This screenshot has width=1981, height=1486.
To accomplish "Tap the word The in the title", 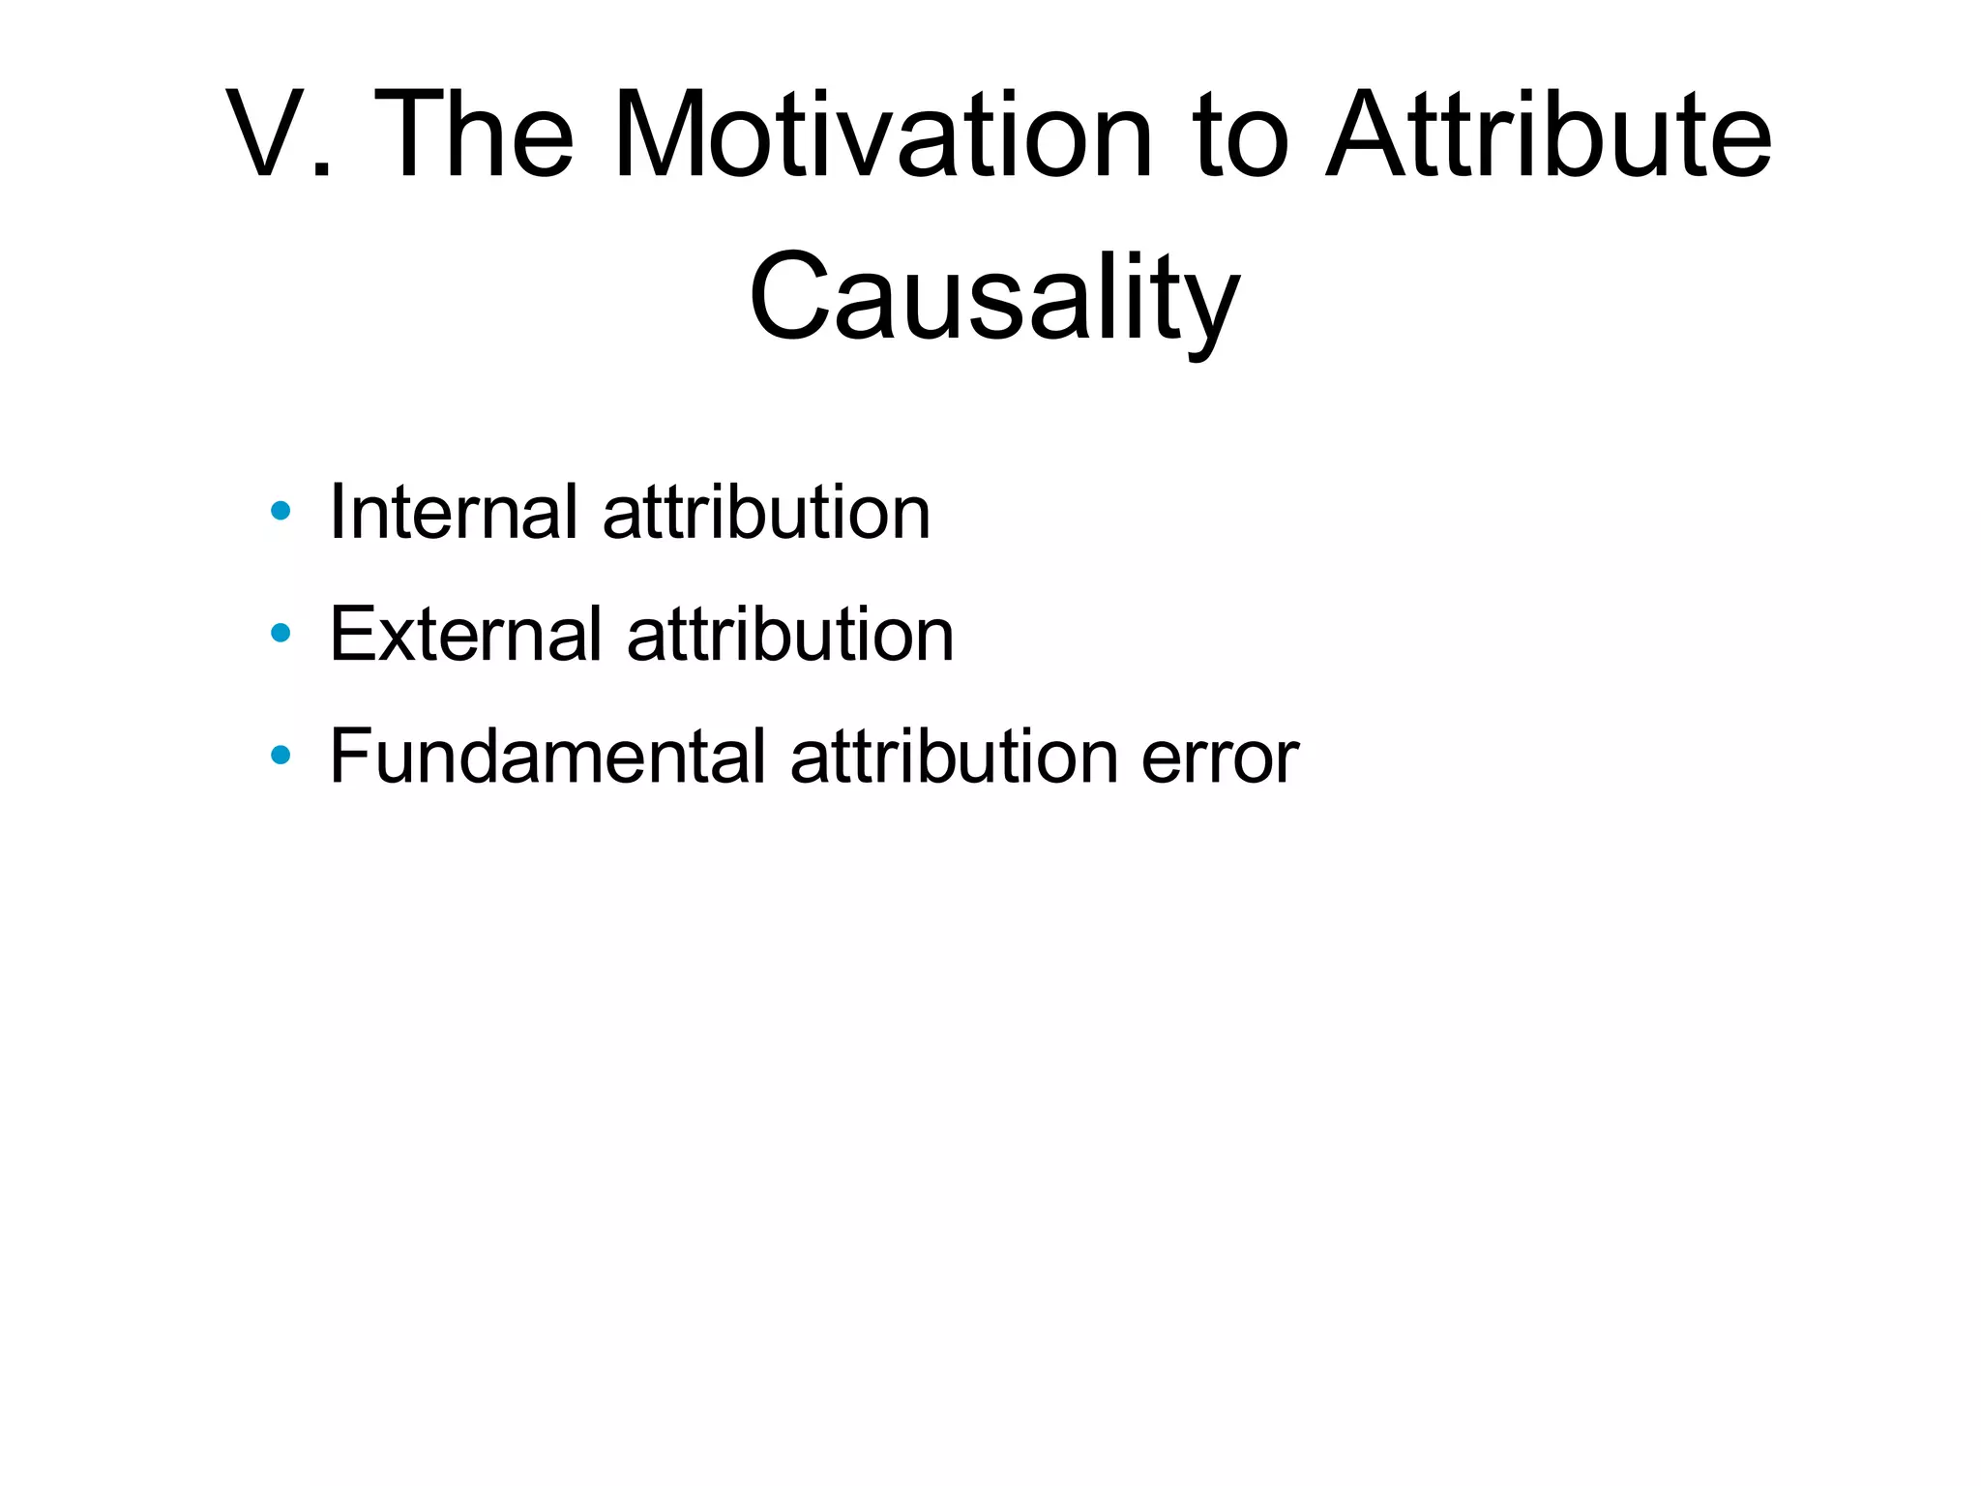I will point(473,135).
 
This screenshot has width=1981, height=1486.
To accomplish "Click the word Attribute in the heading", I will point(1548,135).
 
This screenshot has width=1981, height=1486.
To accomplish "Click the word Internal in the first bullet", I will point(454,512).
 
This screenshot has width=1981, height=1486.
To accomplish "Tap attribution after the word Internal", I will point(766,512).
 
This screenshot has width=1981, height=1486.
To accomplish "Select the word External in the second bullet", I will point(465,634).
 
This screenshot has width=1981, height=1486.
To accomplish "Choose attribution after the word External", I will point(790,634).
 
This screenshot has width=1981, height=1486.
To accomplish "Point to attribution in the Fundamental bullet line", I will point(954,756).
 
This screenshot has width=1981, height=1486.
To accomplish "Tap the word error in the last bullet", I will point(1220,758).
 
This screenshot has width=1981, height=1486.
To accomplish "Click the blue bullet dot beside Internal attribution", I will point(281,511).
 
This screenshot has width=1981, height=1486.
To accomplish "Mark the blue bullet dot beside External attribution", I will point(281,633).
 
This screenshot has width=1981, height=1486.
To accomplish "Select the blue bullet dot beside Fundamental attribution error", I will point(281,755).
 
